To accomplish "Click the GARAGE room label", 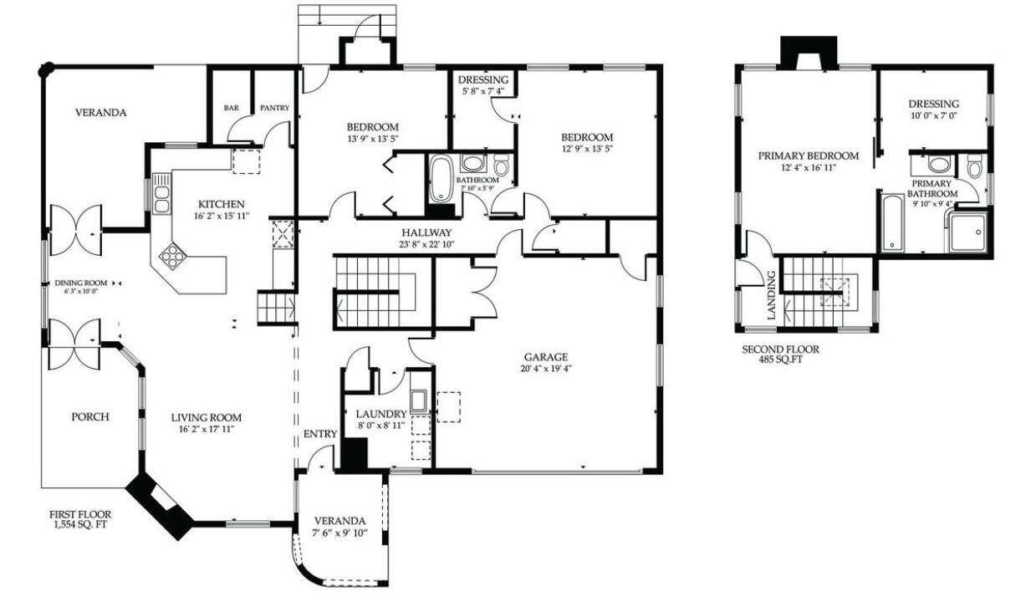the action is pyautogui.click(x=545, y=357).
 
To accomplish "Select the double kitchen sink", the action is pyautogui.click(x=161, y=193).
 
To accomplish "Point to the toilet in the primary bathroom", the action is pyautogui.click(x=975, y=165).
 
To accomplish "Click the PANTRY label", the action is pyautogui.click(x=275, y=108).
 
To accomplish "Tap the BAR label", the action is pyautogui.click(x=232, y=108).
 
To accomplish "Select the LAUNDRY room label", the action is pyautogui.click(x=381, y=414).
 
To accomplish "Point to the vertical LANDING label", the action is pyautogui.click(x=771, y=295).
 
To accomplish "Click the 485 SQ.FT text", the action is pyautogui.click(x=780, y=360).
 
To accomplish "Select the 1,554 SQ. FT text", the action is pyautogui.click(x=80, y=525).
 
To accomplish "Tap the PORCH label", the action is pyautogui.click(x=90, y=417).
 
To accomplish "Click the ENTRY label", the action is pyautogui.click(x=320, y=434).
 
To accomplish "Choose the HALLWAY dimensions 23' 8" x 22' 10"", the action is pyautogui.click(x=426, y=245).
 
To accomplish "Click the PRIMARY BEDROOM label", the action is pyautogui.click(x=809, y=156).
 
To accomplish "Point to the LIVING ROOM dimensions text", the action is pyautogui.click(x=207, y=429).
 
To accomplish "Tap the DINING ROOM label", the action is pyautogui.click(x=80, y=283).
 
